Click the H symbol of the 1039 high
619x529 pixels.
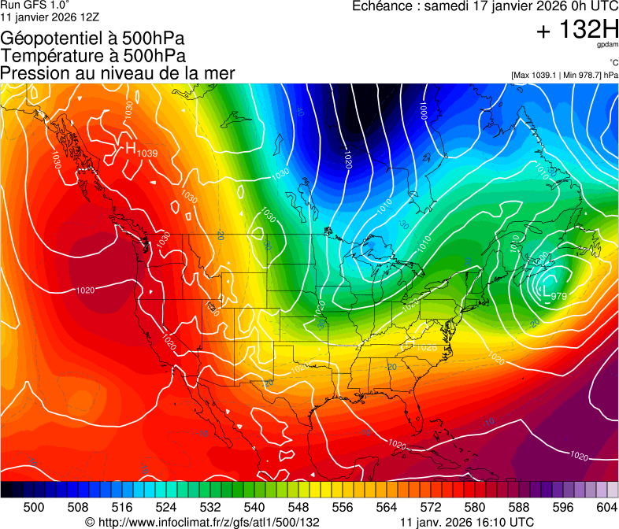pos(131,147)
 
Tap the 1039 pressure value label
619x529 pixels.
pos(148,153)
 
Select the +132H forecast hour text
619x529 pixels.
pos(577,31)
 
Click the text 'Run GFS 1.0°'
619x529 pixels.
pos(29,5)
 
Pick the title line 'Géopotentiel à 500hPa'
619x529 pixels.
pos(93,39)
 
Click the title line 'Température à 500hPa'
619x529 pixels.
pos(93,56)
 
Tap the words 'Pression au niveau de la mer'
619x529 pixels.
pos(117,73)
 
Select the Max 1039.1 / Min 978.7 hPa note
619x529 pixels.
pos(565,76)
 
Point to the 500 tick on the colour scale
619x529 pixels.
pos(34,506)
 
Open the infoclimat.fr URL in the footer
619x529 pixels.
pos(202,522)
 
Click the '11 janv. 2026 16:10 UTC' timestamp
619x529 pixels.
pos(467,522)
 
